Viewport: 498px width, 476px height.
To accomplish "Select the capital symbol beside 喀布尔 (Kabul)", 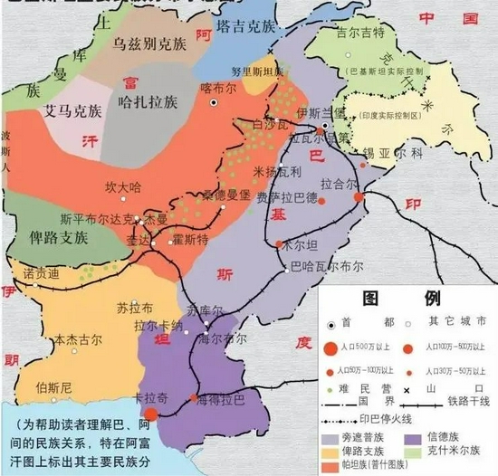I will [214, 102].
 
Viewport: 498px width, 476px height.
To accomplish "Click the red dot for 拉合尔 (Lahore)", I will [359, 196].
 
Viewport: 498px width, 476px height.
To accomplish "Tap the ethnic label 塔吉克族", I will [246, 27].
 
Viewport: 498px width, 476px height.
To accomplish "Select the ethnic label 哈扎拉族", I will [148, 103].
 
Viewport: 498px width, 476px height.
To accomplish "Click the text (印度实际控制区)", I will [388, 116].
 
